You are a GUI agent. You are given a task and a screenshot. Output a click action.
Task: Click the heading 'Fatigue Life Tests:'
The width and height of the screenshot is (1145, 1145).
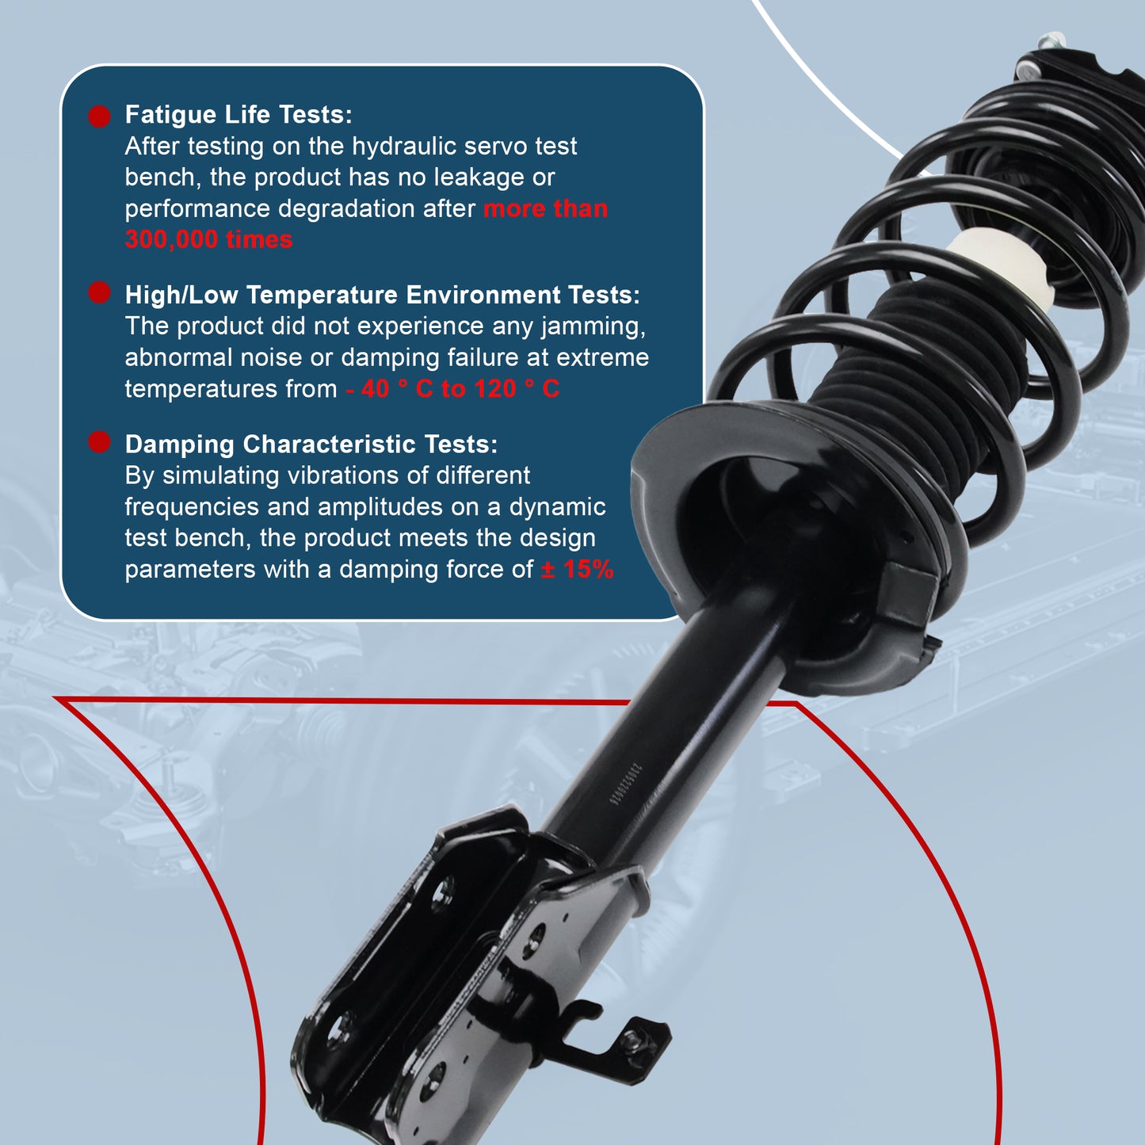[x=239, y=115]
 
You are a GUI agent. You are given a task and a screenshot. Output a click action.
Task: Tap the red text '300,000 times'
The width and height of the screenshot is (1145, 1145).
[x=208, y=239]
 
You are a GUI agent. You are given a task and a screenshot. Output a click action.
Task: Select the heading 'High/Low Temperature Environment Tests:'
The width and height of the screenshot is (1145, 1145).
[x=382, y=295]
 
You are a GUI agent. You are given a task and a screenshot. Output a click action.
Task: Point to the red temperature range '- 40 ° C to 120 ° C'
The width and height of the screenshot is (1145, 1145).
[x=452, y=389]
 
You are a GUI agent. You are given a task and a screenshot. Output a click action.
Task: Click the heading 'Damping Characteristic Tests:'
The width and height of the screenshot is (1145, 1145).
[x=311, y=445]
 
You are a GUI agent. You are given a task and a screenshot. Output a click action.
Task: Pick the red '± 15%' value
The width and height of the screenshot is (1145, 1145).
[x=577, y=570]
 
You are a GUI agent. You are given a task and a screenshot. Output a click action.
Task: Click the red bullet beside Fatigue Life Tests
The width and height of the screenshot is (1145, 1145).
[x=99, y=116]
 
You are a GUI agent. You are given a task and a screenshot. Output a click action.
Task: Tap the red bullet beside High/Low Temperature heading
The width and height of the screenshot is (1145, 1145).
[x=99, y=293]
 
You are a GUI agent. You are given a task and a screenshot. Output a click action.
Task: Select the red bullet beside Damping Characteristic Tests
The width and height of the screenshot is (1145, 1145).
[x=99, y=442]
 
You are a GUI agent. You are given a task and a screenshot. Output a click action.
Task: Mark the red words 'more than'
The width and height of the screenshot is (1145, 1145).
[x=545, y=209]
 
